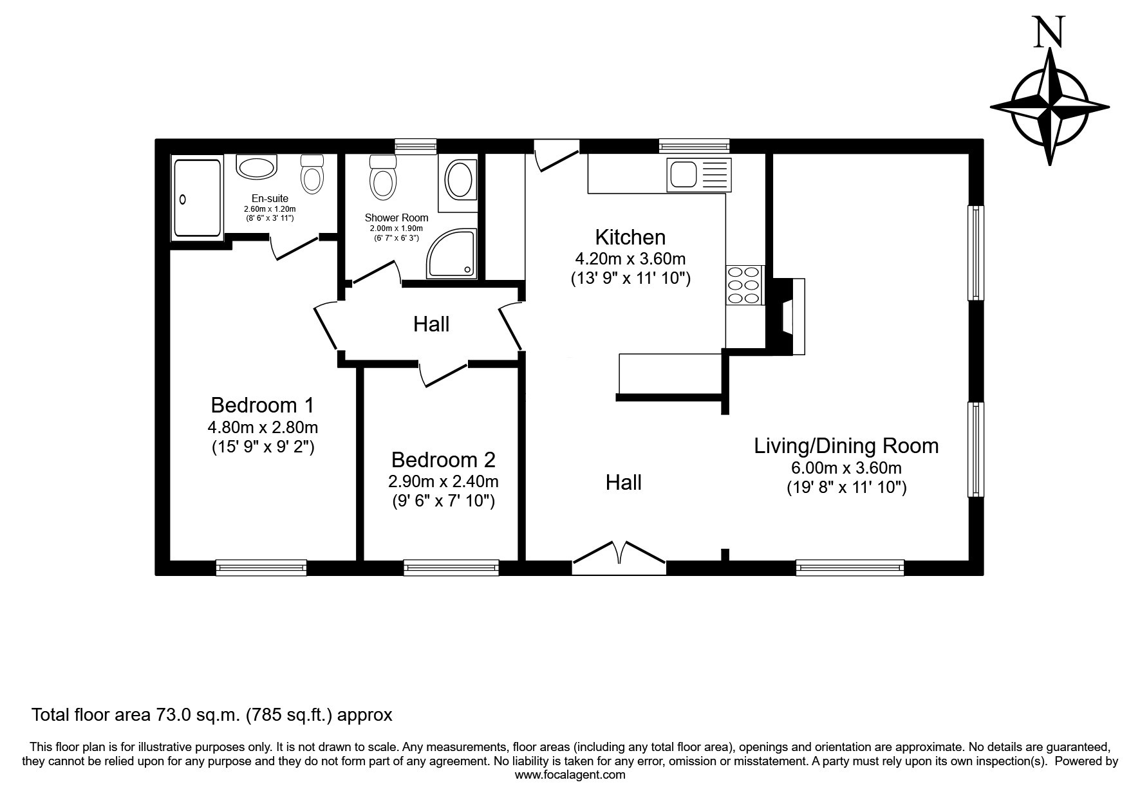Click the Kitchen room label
630,237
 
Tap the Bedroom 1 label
263,405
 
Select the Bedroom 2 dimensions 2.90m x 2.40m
443,481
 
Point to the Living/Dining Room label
846,446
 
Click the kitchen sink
698,174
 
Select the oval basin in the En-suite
257,167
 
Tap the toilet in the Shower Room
382,176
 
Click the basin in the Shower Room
459,180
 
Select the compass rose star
1050,107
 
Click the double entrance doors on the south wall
619,557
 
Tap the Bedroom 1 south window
261,567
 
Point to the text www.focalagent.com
570,775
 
